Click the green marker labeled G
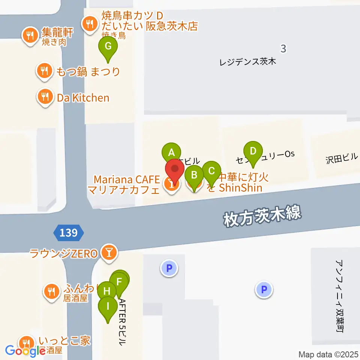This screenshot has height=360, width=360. point(108,47)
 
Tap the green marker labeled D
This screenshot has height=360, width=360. point(253,151)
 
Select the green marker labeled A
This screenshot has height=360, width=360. point(171,153)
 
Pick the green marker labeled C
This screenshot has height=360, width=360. point(211,172)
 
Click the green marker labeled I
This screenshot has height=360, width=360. point(108,307)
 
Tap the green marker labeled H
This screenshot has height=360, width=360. point(107,291)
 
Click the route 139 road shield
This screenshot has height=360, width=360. point(68,233)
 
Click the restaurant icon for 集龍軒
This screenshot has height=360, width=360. point(30,36)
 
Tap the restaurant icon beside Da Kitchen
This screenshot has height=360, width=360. point(45,97)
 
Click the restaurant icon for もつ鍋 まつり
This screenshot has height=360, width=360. point(44,70)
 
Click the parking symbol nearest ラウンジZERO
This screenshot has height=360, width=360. point(169,268)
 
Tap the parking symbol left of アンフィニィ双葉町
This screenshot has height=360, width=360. point(264,289)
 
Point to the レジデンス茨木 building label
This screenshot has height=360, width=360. point(247,61)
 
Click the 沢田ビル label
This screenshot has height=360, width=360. point(342,158)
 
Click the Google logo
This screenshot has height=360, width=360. point(25,351)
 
